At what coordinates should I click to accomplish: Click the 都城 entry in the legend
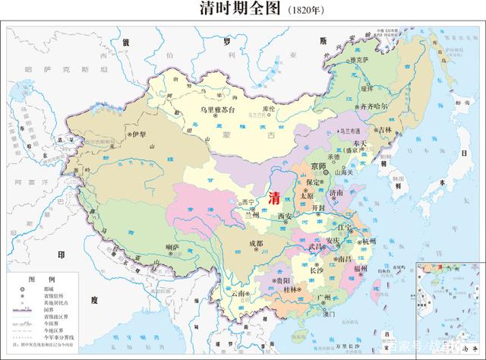[54, 289]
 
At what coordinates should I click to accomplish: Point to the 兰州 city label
[251, 215]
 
